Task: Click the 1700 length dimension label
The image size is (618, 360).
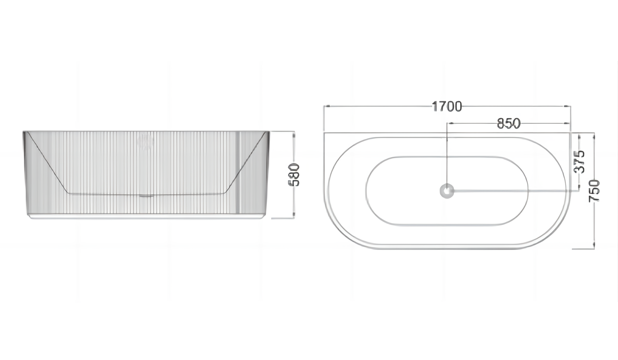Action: click(446, 106)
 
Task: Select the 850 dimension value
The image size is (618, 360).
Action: click(508, 123)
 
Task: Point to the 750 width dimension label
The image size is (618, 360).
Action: click(594, 190)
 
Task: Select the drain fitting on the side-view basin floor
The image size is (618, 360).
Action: click(146, 195)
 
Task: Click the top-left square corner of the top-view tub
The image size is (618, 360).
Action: click(324, 133)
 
